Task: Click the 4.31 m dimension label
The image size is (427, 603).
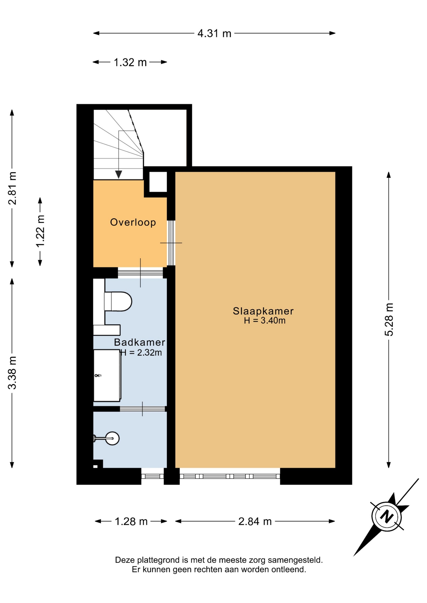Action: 214,33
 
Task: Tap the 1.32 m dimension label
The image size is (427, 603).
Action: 130,62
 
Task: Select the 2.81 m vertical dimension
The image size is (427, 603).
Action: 12,188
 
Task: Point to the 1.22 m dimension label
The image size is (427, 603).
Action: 40,231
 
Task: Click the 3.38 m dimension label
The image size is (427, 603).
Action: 12,373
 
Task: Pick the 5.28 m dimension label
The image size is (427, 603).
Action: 389,319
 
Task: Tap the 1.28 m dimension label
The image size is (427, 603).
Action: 131,521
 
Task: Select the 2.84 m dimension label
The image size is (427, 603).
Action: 255,521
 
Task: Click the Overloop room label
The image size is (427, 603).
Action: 133,222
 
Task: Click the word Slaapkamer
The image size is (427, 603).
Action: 263,311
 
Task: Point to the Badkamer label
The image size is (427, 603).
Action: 140,342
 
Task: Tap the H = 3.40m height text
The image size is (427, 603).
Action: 265,321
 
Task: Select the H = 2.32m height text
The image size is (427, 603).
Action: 141,353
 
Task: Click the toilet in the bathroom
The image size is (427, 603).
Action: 118,301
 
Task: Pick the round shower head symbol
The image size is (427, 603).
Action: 112,438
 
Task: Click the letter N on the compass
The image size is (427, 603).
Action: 387,517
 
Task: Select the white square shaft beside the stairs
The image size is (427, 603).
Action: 158,182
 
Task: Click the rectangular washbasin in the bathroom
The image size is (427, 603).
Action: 107,376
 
